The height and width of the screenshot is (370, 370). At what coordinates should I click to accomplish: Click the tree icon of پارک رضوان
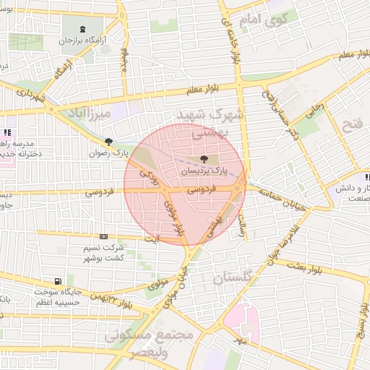pyautogui.click(x=108, y=142)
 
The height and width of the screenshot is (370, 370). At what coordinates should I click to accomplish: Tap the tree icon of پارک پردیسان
pyautogui.click(x=203, y=158)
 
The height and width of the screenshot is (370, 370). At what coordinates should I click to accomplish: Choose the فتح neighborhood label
pyautogui.click(x=352, y=124)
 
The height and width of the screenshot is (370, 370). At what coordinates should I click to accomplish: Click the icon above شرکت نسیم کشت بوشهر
pyautogui.click(x=103, y=236)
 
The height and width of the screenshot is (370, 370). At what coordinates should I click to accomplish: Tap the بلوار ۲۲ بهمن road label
pyautogui.click(x=109, y=298)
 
